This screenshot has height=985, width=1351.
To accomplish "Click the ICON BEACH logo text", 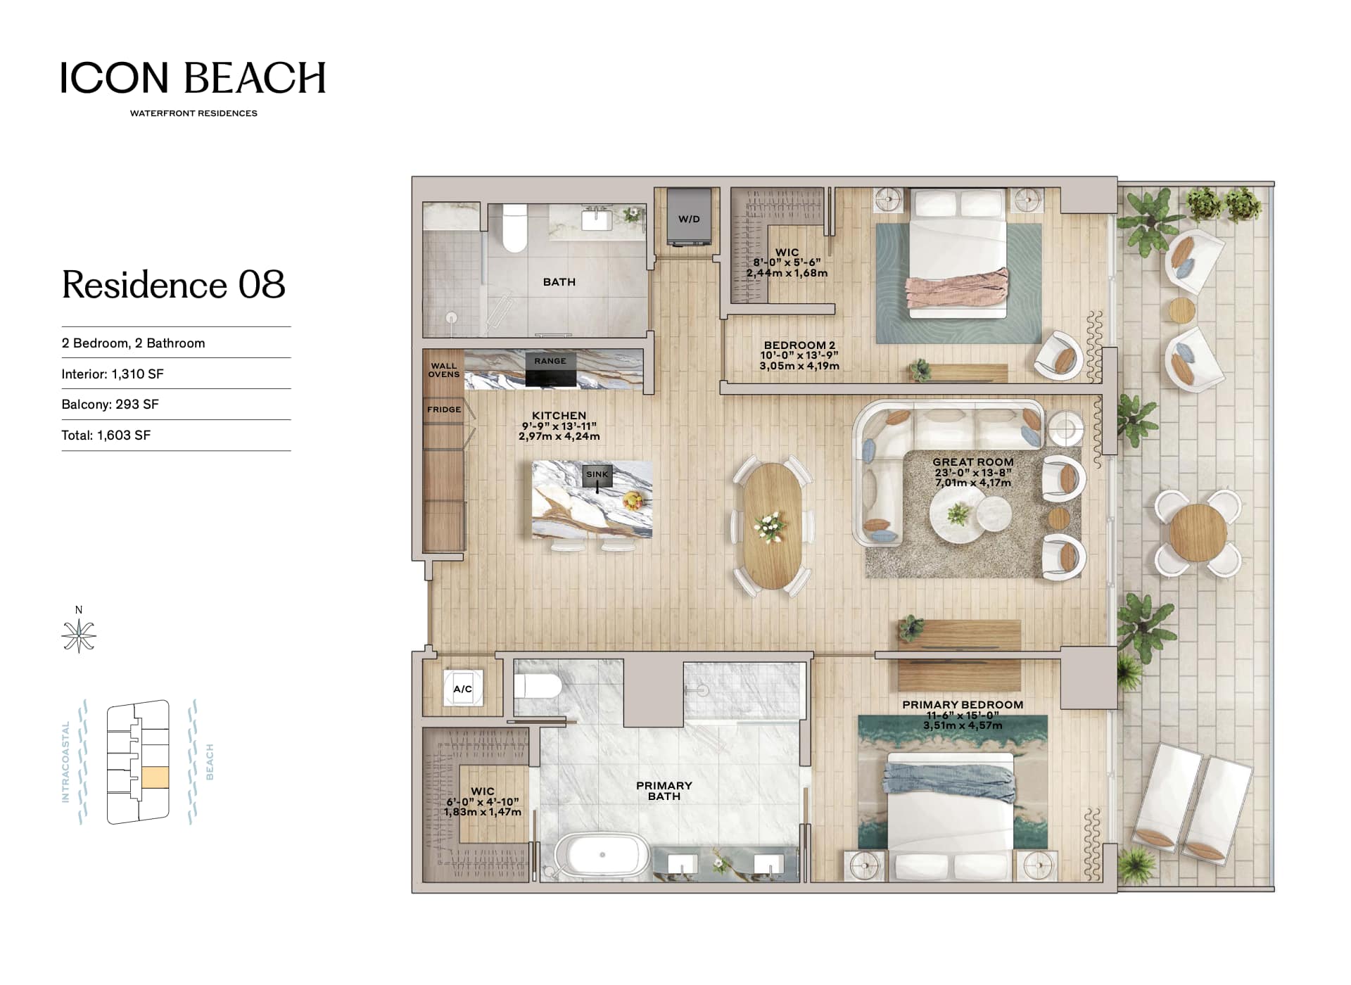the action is pyautogui.click(x=194, y=77).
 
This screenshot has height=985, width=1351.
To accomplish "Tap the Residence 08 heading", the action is pyautogui.click(x=174, y=284).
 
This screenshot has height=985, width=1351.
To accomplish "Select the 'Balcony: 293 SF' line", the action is pyautogui.click(x=110, y=405).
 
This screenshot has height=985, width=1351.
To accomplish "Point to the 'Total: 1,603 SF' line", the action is pyautogui.click(x=106, y=436).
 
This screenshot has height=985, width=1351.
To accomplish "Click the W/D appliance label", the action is pyautogui.click(x=689, y=219).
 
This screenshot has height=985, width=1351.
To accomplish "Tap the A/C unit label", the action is pyautogui.click(x=462, y=689).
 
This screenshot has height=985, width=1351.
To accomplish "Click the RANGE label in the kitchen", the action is pyautogui.click(x=550, y=361).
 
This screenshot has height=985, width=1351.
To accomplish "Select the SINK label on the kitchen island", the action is pyautogui.click(x=597, y=474).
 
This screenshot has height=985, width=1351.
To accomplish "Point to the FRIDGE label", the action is pyautogui.click(x=444, y=409).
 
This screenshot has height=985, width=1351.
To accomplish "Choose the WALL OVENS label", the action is pyautogui.click(x=444, y=370).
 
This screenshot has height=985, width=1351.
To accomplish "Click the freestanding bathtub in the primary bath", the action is pyautogui.click(x=602, y=856).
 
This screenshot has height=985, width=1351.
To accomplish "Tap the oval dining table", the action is pyautogui.click(x=772, y=526).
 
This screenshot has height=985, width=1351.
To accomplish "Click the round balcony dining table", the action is pyautogui.click(x=1198, y=533).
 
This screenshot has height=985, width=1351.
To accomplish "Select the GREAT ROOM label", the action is pyautogui.click(x=973, y=462).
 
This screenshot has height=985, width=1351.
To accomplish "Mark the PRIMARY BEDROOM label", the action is pyautogui.click(x=963, y=705).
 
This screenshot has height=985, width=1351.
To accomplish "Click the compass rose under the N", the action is pyautogui.click(x=79, y=636).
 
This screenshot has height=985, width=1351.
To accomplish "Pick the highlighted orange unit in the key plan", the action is pyautogui.click(x=155, y=777).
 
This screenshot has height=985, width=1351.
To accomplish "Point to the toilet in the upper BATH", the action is pyautogui.click(x=515, y=227).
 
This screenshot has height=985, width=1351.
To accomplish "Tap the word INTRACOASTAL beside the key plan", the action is pyautogui.click(x=66, y=762).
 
